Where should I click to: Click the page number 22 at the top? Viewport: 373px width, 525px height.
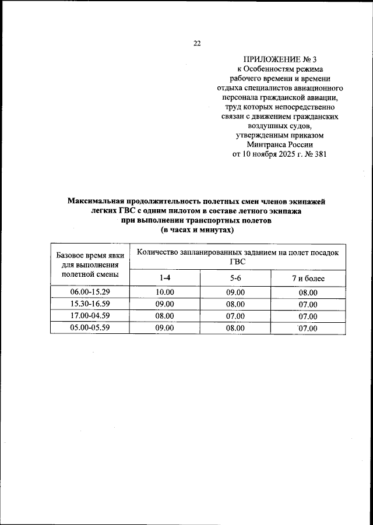197,43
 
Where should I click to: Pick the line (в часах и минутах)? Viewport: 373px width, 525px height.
196,230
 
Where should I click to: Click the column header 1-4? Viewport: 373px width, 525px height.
165,279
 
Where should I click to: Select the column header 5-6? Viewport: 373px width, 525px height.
235,279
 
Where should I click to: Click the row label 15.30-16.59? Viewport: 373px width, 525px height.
90,304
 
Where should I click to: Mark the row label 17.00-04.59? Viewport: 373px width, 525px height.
90,316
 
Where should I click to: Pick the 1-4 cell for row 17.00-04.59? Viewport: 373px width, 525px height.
165,316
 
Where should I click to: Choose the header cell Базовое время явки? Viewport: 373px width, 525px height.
90,255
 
